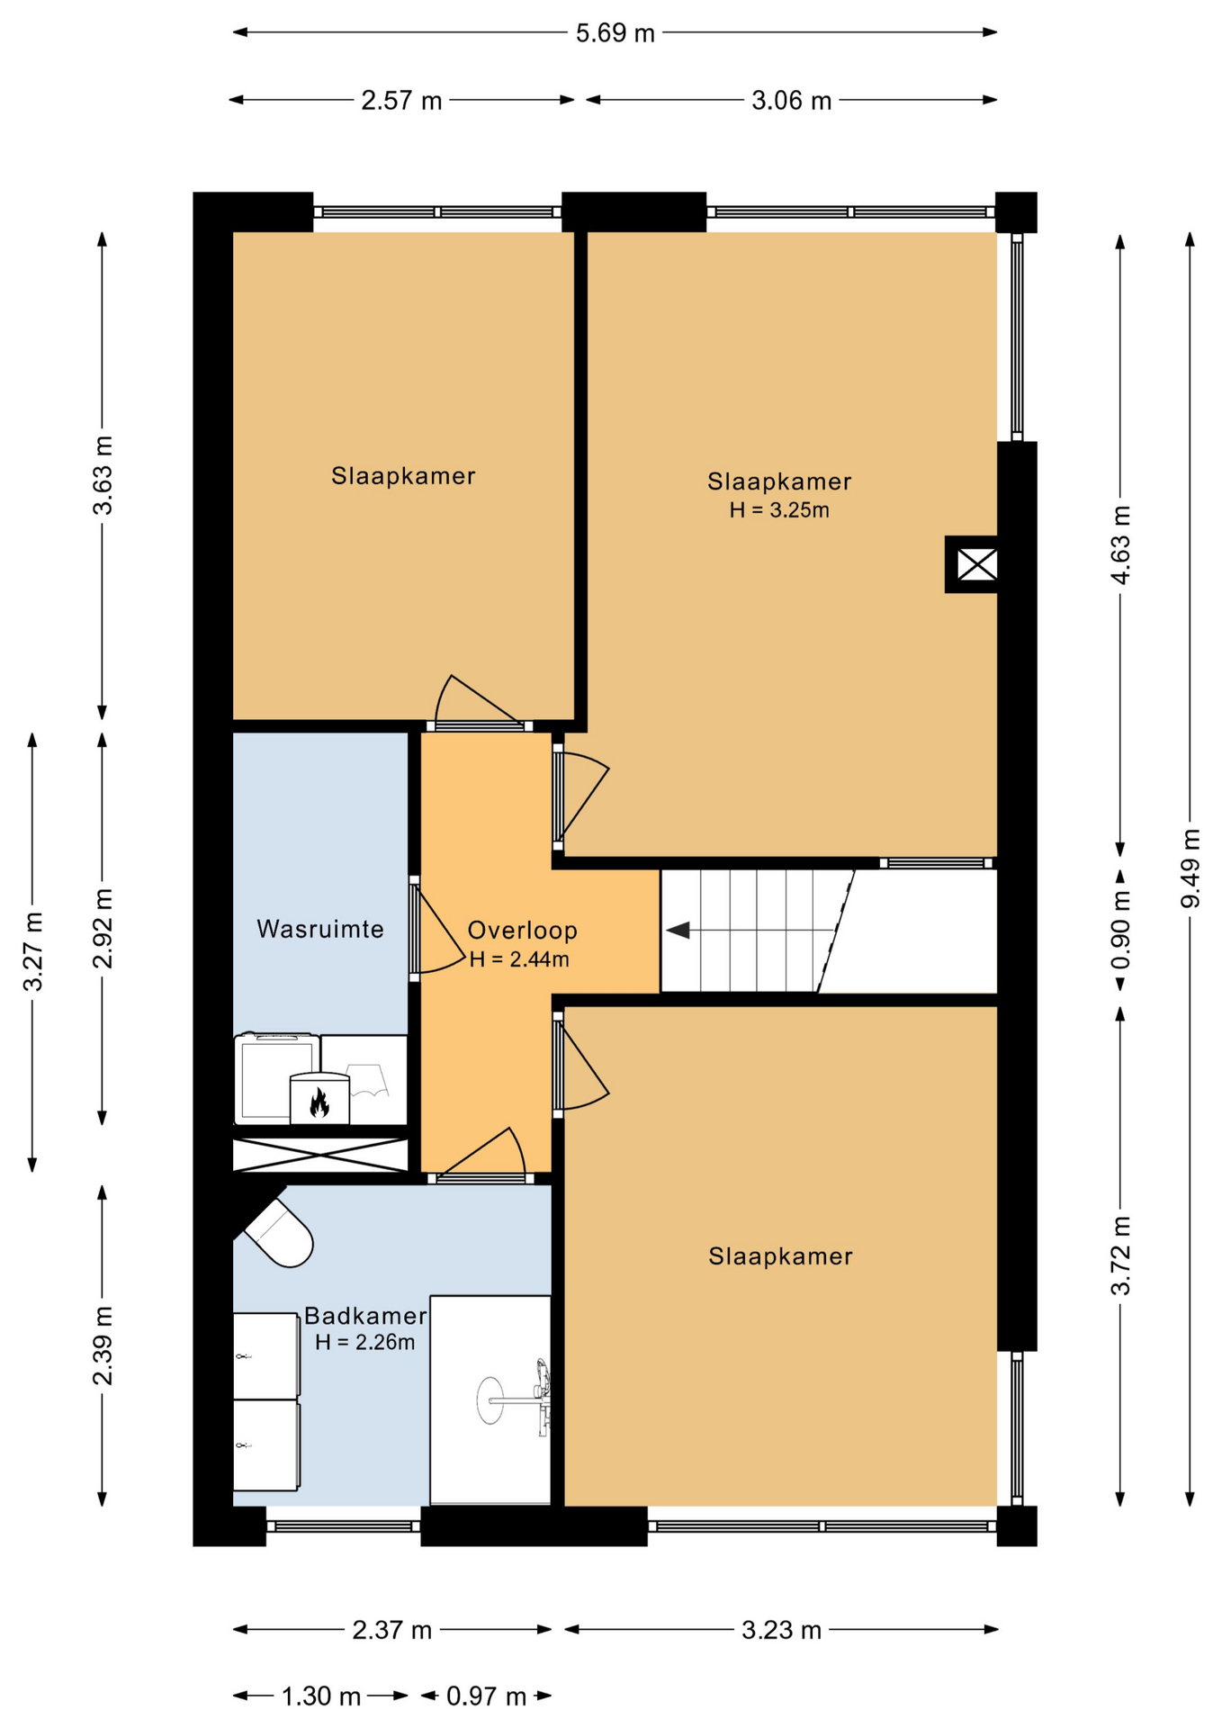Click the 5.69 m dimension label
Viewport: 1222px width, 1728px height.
(615, 33)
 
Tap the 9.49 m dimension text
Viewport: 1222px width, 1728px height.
(1191, 868)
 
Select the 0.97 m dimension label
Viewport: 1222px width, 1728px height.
(486, 1696)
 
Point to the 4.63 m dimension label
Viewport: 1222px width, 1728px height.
(1120, 544)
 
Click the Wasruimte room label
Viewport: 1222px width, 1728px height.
(320, 929)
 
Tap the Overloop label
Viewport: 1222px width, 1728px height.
(522, 931)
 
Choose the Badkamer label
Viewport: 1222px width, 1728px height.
(365, 1316)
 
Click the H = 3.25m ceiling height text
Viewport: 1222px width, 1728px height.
(779, 510)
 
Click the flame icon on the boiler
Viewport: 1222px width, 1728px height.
(319, 1102)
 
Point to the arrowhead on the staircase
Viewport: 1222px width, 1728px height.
(678, 930)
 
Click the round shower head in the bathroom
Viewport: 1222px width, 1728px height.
(490, 1400)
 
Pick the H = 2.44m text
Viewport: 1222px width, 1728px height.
(519, 959)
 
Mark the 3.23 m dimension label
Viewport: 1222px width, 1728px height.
(781, 1630)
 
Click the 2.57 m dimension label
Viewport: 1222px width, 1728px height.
(401, 100)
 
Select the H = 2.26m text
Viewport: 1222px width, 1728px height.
(365, 1343)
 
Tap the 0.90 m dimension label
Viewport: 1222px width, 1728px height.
(1120, 930)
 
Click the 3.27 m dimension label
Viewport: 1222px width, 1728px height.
(33, 951)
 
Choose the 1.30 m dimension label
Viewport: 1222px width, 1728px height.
(321, 1696)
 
